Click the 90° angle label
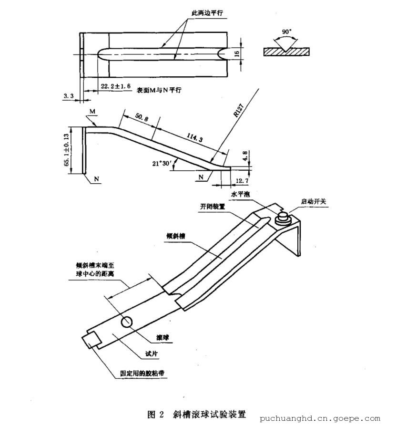click(x=286, y=32)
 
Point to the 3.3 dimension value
click(x=69, y=96)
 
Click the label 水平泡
click(x=240, y=195)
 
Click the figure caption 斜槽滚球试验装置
click(x=209, y=413)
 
